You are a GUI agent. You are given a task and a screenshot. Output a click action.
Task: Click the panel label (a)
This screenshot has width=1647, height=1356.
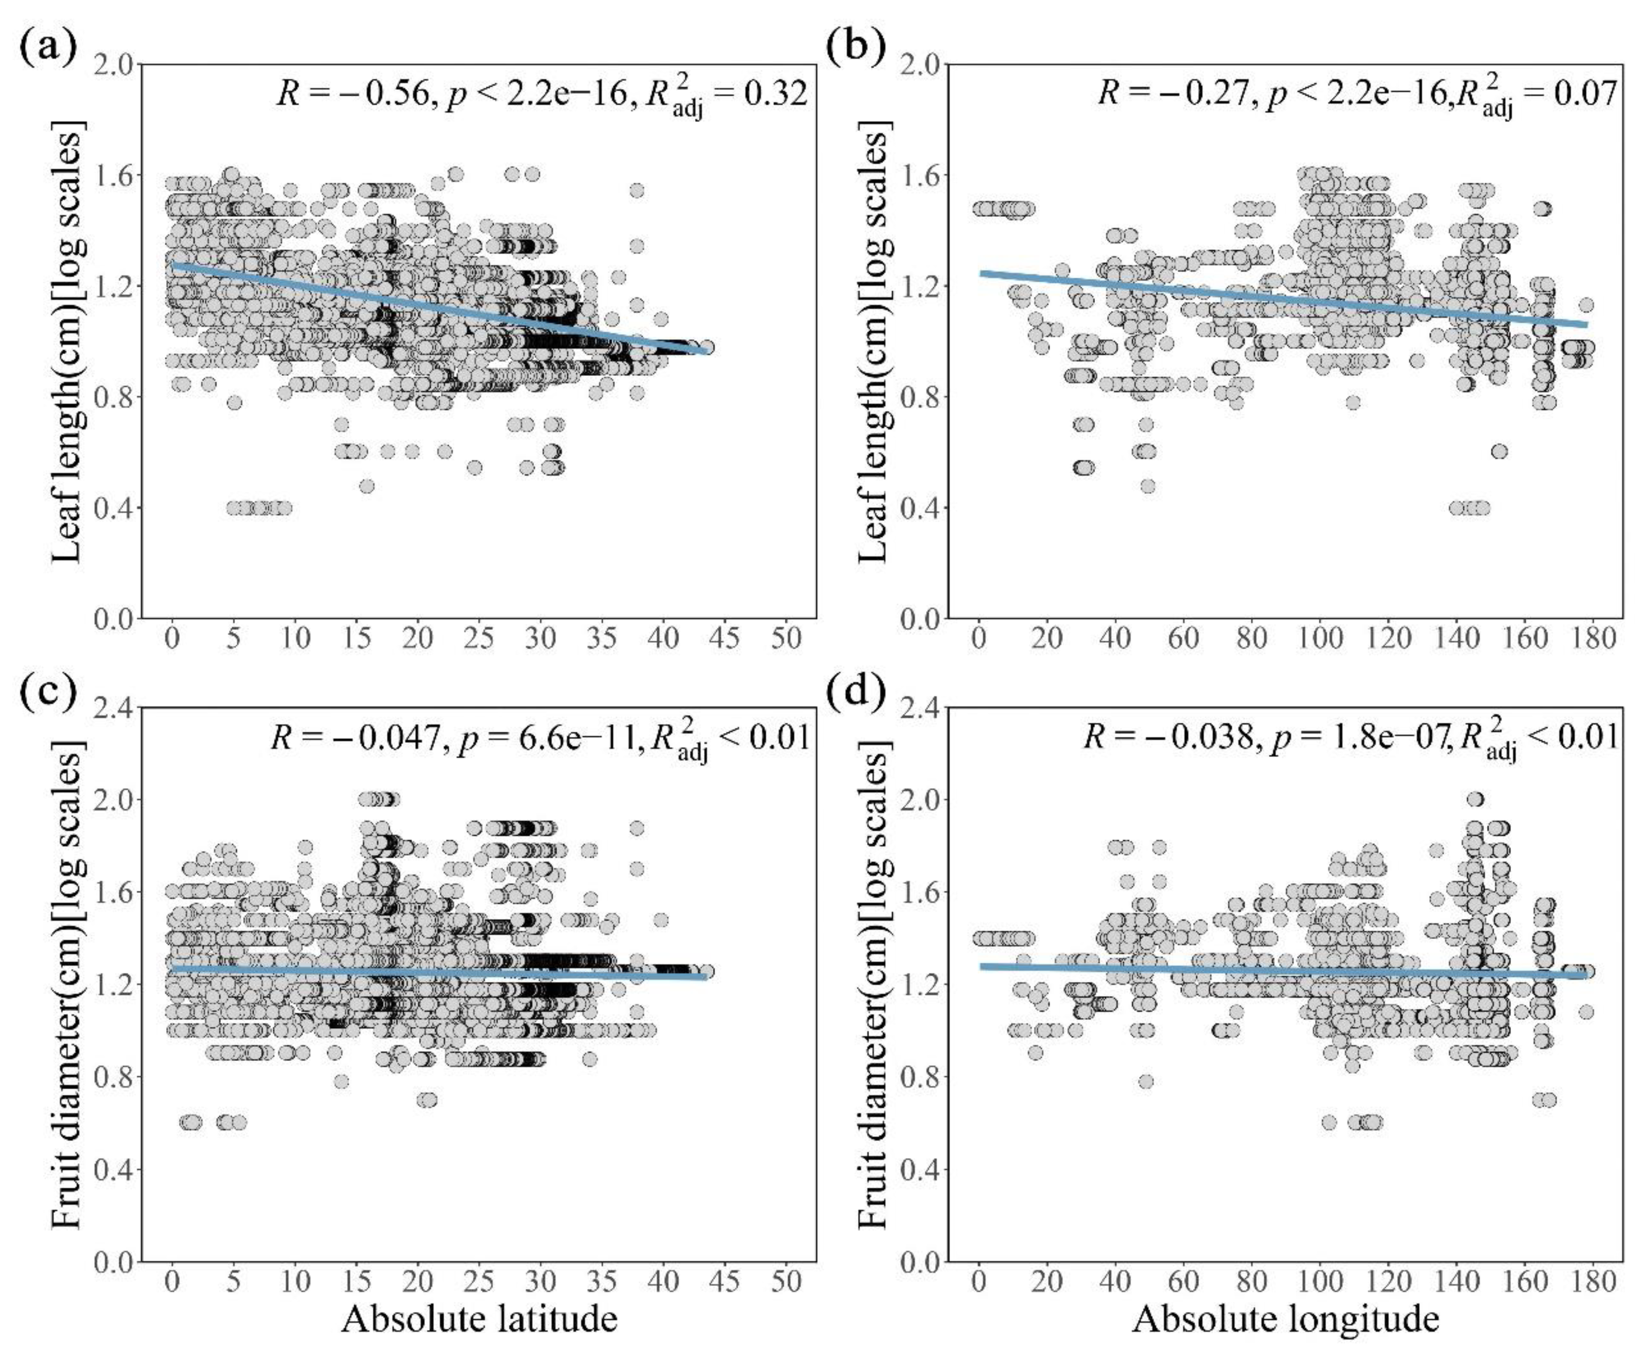(48, 48)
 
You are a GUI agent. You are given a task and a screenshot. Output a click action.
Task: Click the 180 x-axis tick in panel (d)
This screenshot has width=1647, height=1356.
(1594, 1282)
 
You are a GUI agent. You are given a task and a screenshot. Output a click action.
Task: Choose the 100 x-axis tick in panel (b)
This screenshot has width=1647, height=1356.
(1320, 639)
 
